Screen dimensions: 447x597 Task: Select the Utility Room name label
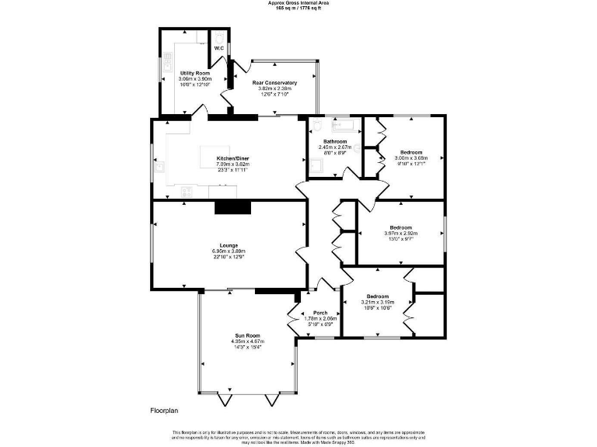(x=184, y=73)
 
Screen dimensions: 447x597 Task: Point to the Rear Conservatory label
(x=274, y=82)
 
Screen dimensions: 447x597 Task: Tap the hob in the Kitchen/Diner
(x=187, y=190)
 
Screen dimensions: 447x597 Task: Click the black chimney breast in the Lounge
(x=233, y=206)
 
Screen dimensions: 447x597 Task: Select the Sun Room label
(x=247, y=334)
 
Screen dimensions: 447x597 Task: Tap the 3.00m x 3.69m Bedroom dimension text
(x=411, y=158)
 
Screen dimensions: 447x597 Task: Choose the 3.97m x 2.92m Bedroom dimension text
(x=400, y=233)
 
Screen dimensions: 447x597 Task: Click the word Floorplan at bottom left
(x=165, y=410)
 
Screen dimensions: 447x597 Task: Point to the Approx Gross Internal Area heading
(x=298, y=3)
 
